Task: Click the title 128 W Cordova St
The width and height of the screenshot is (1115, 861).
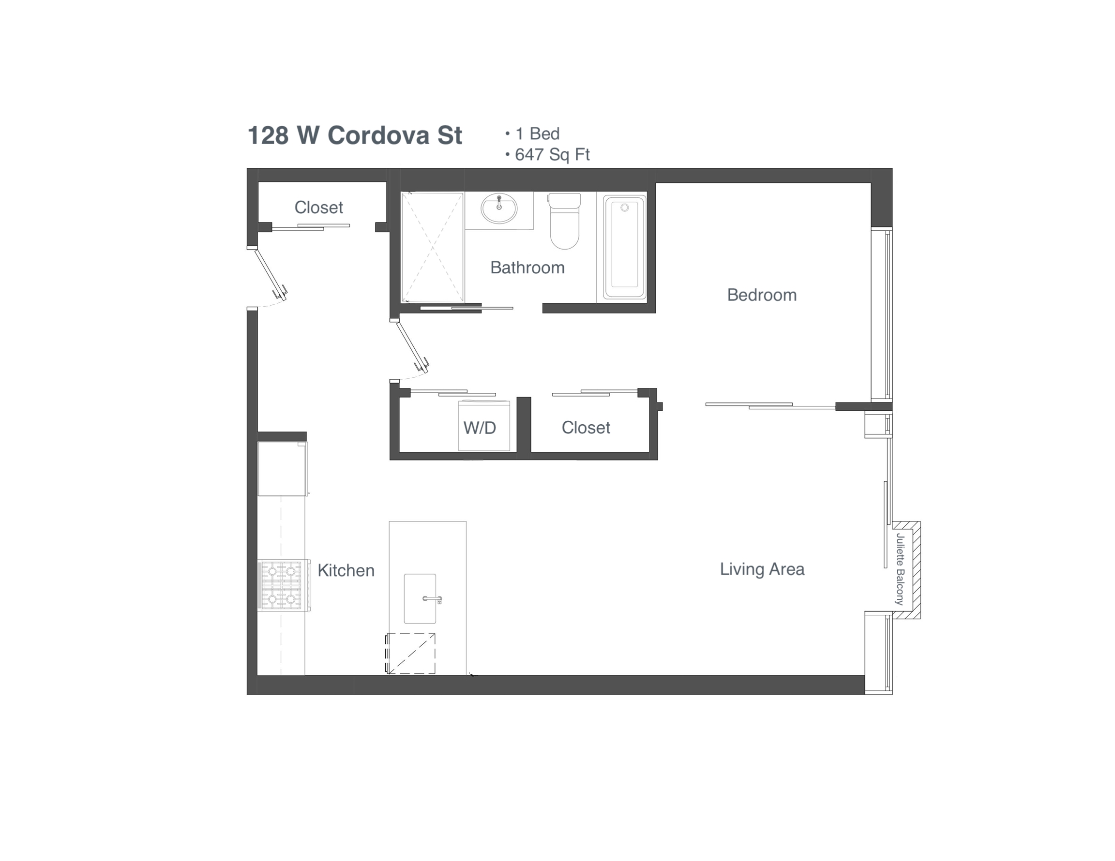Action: [x=354, y=136]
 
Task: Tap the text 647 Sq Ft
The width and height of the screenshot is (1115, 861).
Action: [x=552, y=155]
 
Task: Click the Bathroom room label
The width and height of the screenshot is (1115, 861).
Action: [x=527, y=267]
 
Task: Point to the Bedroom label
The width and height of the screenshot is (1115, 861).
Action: [x=761, y=295]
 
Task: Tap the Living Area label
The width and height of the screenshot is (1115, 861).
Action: [x=762, y=569]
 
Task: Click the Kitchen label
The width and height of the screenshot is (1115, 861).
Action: [x=346, y=570]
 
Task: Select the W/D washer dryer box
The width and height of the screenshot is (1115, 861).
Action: [x=483, y=427]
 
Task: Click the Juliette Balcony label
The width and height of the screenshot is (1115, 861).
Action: [x=900, y=569]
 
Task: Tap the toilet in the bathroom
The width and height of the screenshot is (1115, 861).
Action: [x=564, y=221]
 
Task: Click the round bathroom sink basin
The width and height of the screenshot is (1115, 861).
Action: [x=499, y=208]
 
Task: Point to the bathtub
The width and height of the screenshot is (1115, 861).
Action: [x=624, y=247]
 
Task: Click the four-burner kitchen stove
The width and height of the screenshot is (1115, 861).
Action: [x=281, y=585]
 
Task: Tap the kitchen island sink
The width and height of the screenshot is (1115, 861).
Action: [x=420, y=599]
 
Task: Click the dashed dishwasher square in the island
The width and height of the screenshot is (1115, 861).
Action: [x=411, y=653]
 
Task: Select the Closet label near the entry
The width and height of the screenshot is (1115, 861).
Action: [x=318, y=208]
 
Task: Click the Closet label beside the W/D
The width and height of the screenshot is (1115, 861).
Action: [x=586, y=428]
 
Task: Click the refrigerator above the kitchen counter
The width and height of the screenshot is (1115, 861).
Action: [x=282, y=469]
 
